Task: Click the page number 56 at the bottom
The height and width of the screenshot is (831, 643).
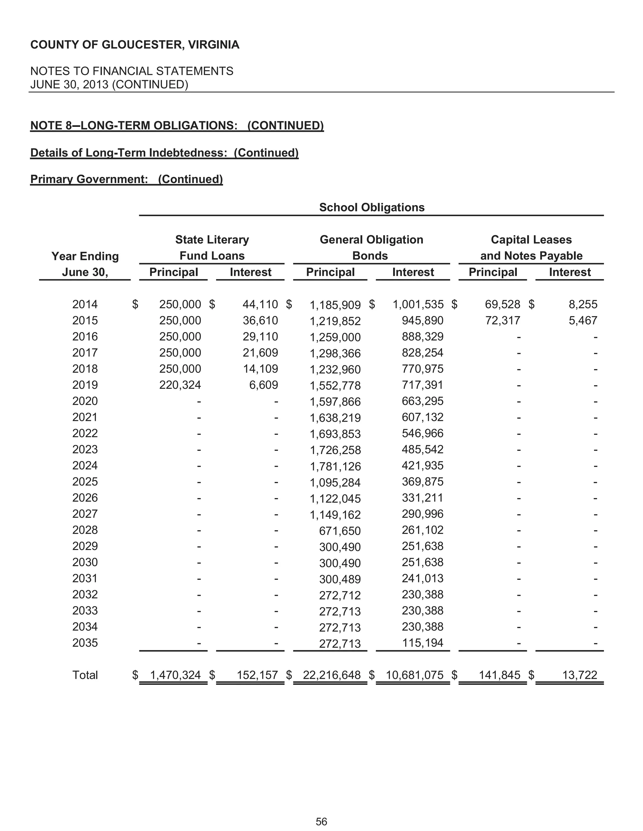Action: pyautogui.click(x=321, y=822)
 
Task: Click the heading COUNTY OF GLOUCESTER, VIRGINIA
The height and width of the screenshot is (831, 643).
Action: pyautogui.click(x=135, y=45)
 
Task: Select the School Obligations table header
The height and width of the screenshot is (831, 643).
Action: pyautogui.click(x=371, y=207)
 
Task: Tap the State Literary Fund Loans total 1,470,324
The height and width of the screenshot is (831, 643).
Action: pyautogui.click(x=175, y=675)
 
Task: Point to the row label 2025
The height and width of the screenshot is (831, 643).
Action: pyautogui.click(x=85, y=482)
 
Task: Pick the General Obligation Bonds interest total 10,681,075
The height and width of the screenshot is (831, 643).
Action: pyautogui.click(x=414, y=675)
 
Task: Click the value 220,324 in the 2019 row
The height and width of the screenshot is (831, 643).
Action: pyautogui.click(x=180, y=385)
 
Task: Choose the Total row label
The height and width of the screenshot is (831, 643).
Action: pyautogui.click(x=85, y=675)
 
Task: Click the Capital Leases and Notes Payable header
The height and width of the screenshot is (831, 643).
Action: pyautogui.click(x=531, y=248)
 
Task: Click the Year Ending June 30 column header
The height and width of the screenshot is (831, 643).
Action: pyautogui.click(x=85, y=264)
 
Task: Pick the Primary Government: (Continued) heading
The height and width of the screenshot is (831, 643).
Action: pyautogui.click(x=127, y=179)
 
